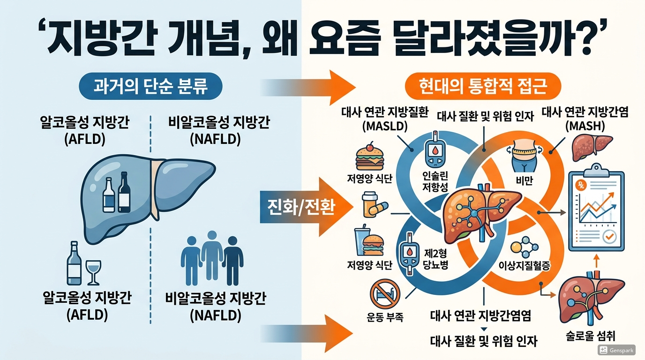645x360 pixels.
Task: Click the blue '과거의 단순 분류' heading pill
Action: click(150, 87)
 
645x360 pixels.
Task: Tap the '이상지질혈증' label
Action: click(527, 265)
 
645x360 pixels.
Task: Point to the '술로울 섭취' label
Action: click(591, 336)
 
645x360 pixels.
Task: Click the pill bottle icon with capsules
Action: click(374, 205)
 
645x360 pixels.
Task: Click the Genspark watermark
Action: click(617, 350)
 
